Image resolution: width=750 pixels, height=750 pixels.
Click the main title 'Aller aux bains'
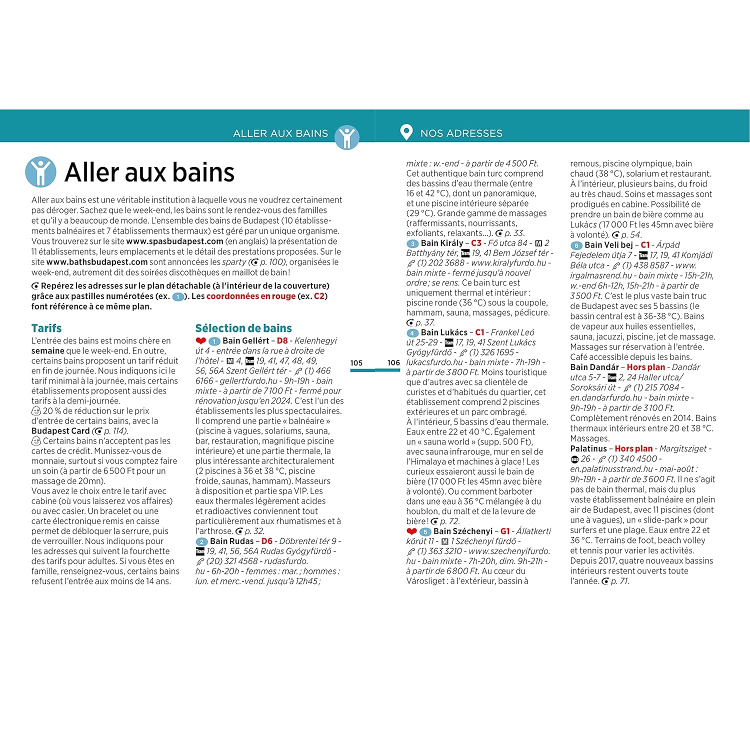coord(149,172)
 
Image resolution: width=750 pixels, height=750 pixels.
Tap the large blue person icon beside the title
coord(40,171)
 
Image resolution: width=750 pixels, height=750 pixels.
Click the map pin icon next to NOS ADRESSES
coord(406,132)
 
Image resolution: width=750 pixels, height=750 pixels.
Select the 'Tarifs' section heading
coord(46,328)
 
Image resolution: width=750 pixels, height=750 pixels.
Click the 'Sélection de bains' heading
coord(243,328)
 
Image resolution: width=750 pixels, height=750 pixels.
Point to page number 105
coord(356,363)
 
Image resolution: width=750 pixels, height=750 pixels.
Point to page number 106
coord(393,363)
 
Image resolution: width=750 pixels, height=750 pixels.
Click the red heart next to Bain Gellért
coord(201,341)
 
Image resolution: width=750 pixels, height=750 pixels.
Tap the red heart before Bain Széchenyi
coord(411,531)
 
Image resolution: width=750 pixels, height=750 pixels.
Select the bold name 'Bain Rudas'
coord(232,541)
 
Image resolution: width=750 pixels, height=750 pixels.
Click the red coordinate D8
coord(282,340)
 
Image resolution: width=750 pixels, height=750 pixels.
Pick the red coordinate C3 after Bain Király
coord(476,243)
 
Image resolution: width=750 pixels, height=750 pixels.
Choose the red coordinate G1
coord(505,531)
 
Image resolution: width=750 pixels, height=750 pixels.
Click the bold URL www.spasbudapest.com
coord(175,241)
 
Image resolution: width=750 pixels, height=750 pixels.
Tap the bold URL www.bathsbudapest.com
coord(97,261)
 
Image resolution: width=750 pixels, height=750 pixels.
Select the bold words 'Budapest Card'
coord(60,431)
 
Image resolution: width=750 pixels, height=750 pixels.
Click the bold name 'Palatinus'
coord(588,448)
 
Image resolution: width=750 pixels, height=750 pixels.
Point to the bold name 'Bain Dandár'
coord(594,367)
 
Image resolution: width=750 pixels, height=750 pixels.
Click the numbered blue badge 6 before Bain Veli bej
coord(576,245)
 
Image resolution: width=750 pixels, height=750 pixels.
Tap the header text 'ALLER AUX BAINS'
coord(280,133)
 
